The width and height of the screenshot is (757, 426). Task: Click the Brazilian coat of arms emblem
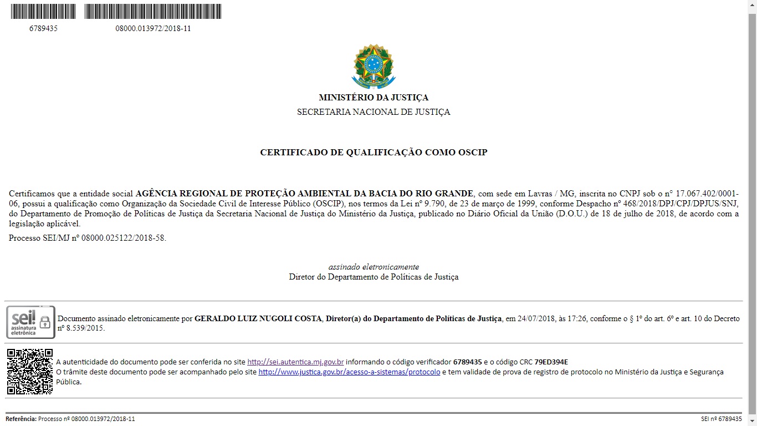point(373,66)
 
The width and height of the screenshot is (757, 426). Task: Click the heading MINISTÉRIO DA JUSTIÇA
point(374,98)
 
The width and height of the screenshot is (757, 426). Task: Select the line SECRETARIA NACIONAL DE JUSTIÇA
point(374,112)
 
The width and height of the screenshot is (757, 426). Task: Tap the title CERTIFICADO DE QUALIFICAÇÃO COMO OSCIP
point(374,152)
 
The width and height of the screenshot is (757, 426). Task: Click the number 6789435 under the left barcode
point(43,28)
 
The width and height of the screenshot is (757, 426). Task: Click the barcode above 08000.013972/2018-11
point(153,12)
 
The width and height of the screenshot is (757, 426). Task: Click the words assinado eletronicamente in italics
point(374,267)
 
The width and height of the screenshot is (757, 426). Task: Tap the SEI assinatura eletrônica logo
point(30,322)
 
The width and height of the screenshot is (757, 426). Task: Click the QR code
point(30,372)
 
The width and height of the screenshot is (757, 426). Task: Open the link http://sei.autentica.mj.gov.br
point(295,362)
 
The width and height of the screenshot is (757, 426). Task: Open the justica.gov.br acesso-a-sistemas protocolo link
point(349,372)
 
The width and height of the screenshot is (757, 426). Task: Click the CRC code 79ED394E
point(551,362)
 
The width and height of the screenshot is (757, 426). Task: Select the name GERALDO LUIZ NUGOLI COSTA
point(258,318)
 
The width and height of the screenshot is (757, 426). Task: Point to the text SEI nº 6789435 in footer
point(721,419)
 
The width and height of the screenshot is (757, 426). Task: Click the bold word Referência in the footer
point(21,419)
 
